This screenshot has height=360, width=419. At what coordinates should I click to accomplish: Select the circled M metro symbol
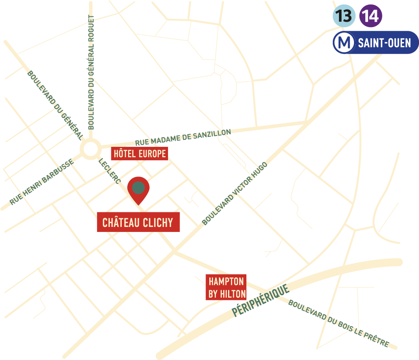[344, 43]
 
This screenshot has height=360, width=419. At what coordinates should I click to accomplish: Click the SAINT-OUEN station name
[384, 43]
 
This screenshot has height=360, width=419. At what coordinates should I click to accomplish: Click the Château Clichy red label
[138, 222]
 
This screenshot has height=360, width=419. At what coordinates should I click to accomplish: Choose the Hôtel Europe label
[140, 154]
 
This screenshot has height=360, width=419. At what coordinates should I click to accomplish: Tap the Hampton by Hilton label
[227, 287]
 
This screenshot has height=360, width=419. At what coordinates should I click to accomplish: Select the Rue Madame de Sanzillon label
[183, 138]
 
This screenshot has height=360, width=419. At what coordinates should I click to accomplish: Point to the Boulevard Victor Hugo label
[235, 193]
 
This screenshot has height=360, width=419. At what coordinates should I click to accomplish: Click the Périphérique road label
[261, 301]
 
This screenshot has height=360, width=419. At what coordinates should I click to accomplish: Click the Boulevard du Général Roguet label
[91, 73]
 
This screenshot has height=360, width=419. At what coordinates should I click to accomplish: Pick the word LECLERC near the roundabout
[110, 171]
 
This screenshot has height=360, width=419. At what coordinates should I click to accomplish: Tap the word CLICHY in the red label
[158, 222]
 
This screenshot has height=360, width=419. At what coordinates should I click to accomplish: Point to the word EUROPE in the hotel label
[152, 154]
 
